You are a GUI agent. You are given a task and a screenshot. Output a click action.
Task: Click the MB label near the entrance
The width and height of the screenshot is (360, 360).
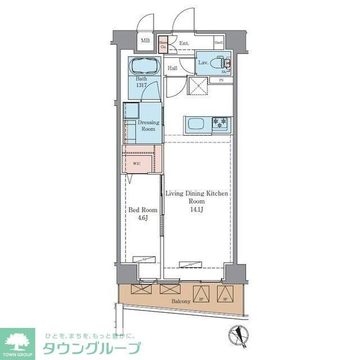[x=145, y=40]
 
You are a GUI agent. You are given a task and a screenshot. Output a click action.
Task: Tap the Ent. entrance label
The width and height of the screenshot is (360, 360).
[x=184, y=43]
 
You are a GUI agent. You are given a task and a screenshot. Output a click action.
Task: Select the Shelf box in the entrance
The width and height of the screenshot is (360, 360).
[x=219, y=43]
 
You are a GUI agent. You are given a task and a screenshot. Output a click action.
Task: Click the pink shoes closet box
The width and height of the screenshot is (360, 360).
[x=163, y=45]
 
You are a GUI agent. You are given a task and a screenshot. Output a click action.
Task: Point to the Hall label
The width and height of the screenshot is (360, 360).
[x=172, y=68]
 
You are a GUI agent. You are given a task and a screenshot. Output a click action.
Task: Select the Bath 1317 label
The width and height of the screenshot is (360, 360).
[x=141, y=82]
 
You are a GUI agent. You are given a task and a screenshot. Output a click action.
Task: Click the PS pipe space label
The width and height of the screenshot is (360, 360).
[x=221, y=80]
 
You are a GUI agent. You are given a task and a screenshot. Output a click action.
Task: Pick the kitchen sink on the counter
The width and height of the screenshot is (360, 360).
[x=197, y=124]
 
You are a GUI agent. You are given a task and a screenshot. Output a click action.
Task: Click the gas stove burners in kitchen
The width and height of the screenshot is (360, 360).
[x=219, y=123]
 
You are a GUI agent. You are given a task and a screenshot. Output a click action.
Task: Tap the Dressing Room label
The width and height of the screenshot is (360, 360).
[x=148, y=125]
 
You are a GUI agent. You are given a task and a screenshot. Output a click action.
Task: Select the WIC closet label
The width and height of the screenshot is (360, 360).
[x=137, y=164]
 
